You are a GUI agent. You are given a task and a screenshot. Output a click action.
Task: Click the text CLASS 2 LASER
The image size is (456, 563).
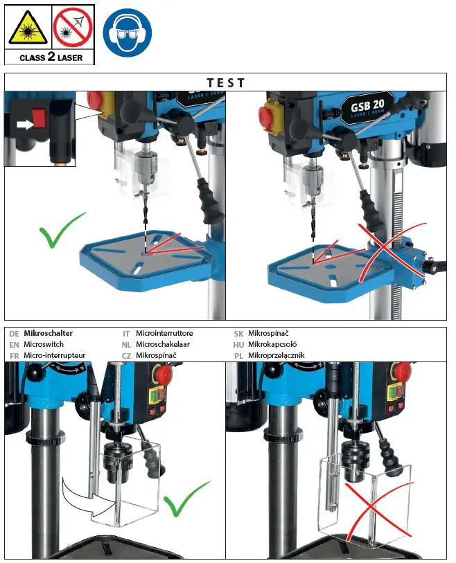[49, 56]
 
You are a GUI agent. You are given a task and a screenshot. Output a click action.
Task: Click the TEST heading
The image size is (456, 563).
[226, 82]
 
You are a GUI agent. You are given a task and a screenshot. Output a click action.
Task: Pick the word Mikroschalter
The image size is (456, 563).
[49, 333]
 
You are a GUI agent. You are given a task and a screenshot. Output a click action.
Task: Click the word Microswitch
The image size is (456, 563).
[44, 344]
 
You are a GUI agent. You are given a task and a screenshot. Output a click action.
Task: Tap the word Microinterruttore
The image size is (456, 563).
[164, 333]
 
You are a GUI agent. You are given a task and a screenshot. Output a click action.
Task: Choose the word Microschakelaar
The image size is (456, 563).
[163, 344]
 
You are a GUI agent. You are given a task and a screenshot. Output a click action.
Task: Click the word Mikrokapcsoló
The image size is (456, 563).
[276, 344]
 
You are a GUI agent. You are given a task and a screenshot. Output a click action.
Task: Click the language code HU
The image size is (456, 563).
[238, 344]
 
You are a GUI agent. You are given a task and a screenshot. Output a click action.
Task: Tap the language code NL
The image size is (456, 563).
[127, 344]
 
